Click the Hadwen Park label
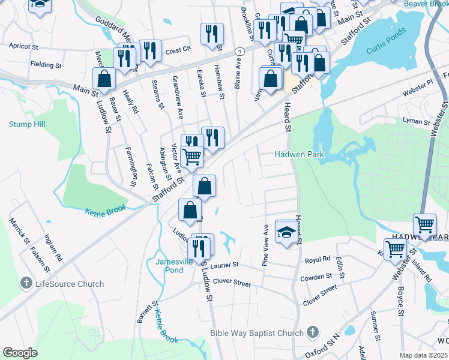tap(299, 154)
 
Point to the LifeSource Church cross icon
tap(26, 283)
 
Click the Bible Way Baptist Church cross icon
tap(312, 332)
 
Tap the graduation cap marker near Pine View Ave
tap(286, 232)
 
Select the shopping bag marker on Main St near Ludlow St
tap(104, 78)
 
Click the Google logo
tap(20, 353)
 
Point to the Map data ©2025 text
tap(423, 355)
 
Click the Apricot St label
tap(24, 46)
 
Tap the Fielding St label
tap(46, 64)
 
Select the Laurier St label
tap(224, 264)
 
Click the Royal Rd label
tap(318, 260)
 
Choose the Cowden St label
tap(316, 277)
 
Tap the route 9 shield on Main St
tap(238, 50)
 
